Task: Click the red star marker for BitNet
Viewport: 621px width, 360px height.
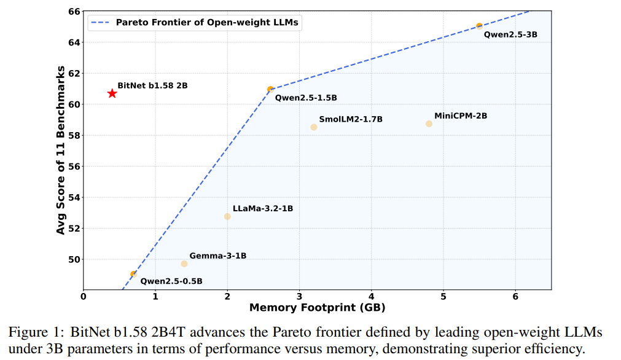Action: click(x=112, y=93)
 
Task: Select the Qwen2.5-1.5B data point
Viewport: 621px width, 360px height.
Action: click(x=270, y=89)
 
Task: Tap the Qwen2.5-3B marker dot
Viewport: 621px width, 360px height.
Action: click(x=479, y=26)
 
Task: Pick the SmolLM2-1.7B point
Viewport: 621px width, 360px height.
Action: click(x=314, y=127)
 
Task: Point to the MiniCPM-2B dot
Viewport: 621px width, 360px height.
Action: click(x=429, y=124)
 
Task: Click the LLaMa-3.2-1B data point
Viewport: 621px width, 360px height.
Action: click(x=227, y=216)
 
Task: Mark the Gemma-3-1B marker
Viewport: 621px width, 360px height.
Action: click(x=184, y=264)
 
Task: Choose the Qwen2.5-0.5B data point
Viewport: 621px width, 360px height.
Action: click(x=133, y=274)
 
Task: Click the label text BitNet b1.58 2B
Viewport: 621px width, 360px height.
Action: click(x=152, y=85)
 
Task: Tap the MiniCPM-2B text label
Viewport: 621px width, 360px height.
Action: click(x=461, y=115)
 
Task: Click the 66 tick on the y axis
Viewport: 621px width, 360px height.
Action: click(x=72, y=12)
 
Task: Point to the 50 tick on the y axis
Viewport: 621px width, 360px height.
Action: click(x=72, y=259)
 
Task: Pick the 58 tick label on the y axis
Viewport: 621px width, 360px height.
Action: click(x=72, y=135)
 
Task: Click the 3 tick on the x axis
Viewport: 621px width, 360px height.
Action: click(x=299, y=295)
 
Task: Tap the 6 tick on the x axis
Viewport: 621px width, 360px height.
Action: click(x=515, y=295)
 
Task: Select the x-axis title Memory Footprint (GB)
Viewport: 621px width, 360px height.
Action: click(x=317, y=307)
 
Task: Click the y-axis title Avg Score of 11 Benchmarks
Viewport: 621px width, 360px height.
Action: click(x=60, y=151)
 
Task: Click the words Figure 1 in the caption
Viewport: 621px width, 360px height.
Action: click(x=31, y=332)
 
